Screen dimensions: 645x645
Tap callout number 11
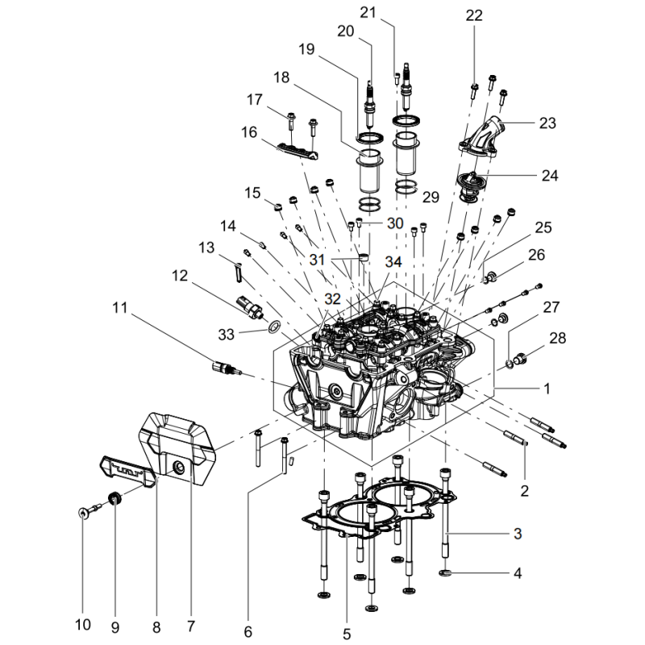[120, 307]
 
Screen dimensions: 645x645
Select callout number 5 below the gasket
[347, 634]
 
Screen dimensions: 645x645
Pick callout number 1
[547, 388]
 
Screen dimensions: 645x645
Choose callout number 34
[393, 262]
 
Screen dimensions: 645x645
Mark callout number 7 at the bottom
[191, 626]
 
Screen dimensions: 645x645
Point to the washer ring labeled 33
[274, 327]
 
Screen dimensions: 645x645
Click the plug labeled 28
[520, 356]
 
